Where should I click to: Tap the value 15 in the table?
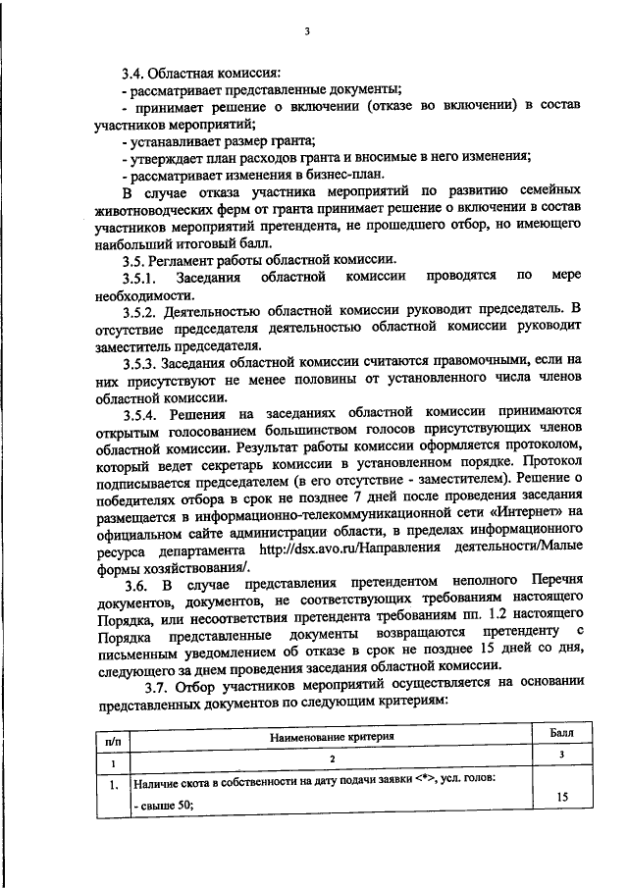562,798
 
